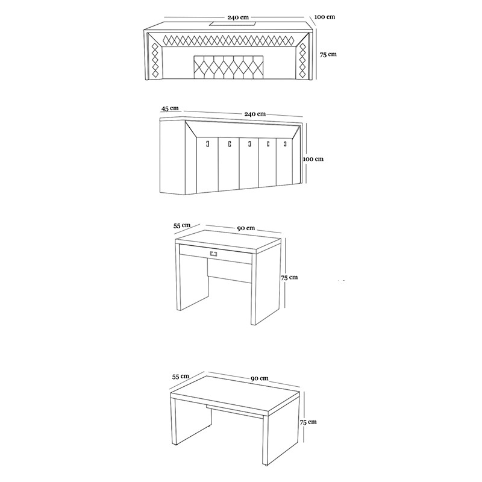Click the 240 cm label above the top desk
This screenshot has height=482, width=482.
[238, 17]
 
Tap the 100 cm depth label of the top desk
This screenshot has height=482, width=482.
[325, 17]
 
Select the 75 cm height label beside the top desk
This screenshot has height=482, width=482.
[328, 54]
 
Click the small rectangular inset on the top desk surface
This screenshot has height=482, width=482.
[233, 23]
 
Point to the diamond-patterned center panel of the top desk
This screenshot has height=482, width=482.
[228, 67]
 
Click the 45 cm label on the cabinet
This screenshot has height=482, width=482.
[170, 108]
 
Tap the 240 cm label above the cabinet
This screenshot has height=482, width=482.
[255, 114]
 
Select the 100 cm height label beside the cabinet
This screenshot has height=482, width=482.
[313, 159]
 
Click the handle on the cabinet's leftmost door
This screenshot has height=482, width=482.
[208, 143]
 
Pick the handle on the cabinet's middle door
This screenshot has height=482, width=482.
[249, 143]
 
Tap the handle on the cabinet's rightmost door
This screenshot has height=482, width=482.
[285, 143]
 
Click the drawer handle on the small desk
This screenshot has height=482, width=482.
[214, 253]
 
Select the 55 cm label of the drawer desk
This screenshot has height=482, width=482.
[182, 225]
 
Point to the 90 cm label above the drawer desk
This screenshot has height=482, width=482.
[246, 228]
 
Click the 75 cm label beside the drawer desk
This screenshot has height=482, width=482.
[289, 277]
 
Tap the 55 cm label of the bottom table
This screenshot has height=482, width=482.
[180, 376]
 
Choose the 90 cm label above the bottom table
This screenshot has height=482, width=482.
[260, 378]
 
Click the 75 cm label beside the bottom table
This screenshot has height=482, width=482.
[308, 422]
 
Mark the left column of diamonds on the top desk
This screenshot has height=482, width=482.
[155, 60]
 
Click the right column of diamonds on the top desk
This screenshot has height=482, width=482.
[302, 60]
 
